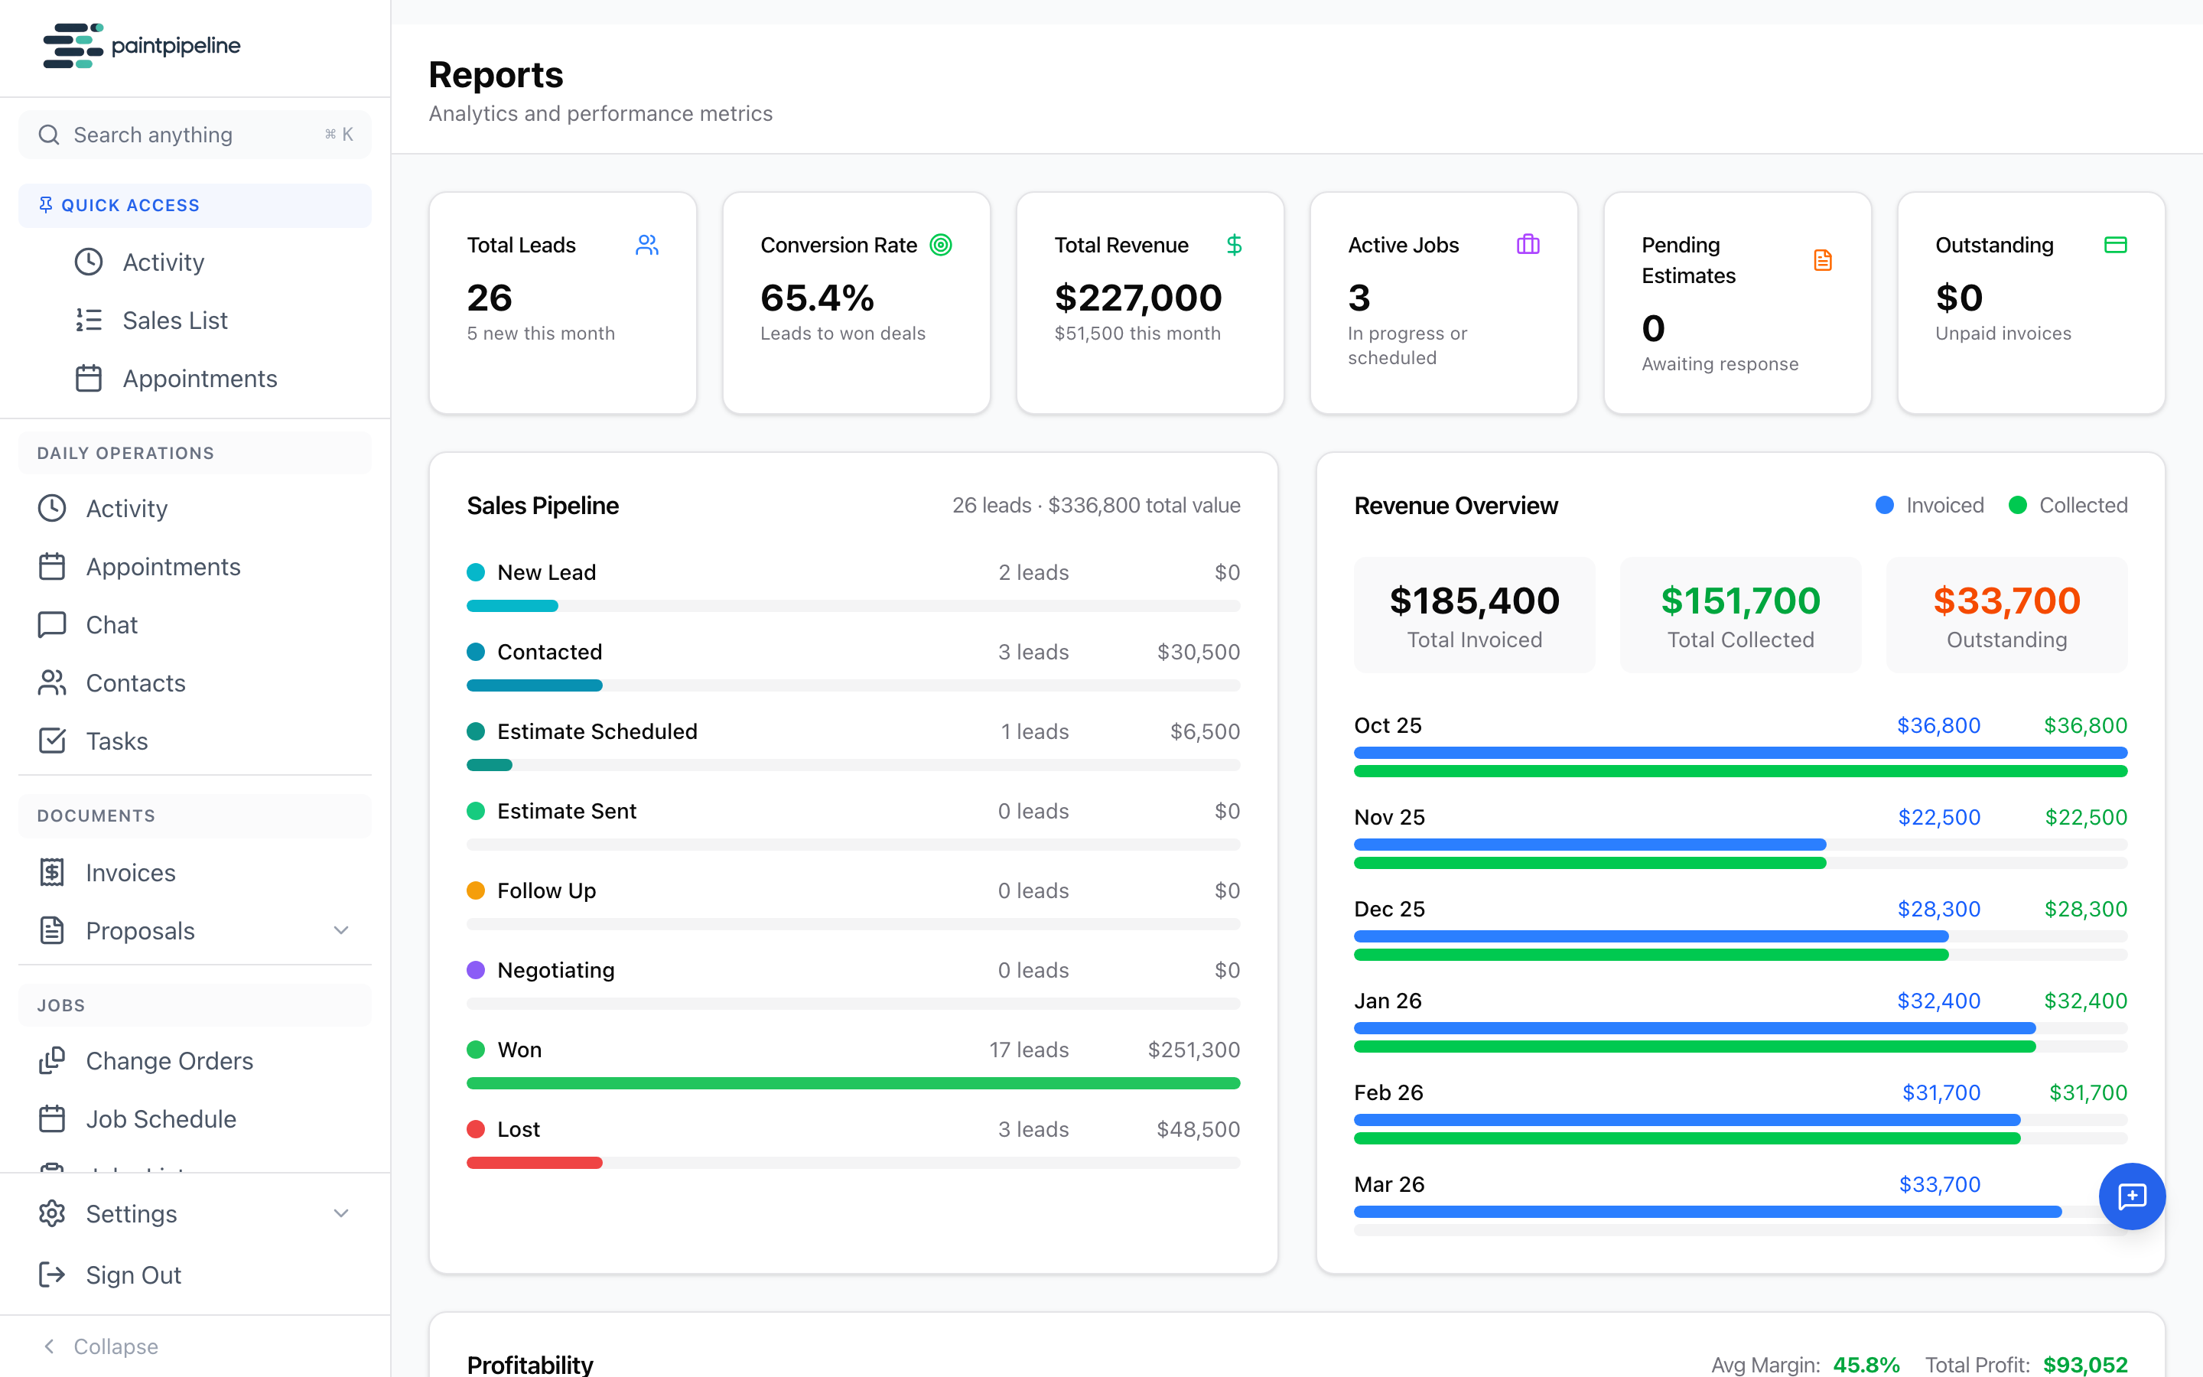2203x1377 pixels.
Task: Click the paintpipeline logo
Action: coord(141,46)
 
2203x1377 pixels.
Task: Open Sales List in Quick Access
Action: coord(174,321)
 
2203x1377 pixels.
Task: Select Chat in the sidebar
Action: coord(111,625)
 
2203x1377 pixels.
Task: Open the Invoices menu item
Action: coord(130,872)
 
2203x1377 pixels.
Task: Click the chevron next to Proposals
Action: coord(340,931)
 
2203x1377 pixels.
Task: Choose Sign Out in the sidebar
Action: coord(133,1275)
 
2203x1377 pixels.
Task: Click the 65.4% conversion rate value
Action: coord(817,298)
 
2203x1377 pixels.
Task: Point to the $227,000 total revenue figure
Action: coord(1137,298)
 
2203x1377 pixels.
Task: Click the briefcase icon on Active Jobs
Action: coord(1528,244)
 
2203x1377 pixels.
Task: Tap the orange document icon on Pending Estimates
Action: coord(1821,260)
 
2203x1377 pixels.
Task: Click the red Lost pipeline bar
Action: coord(535,1163)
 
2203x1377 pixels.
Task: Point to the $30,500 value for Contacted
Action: coord(1197,652)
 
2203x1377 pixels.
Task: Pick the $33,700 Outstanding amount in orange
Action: coord(2006,601)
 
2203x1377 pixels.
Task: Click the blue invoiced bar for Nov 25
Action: coord(1589,845)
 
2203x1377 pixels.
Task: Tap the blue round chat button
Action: coord(2131,1196)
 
